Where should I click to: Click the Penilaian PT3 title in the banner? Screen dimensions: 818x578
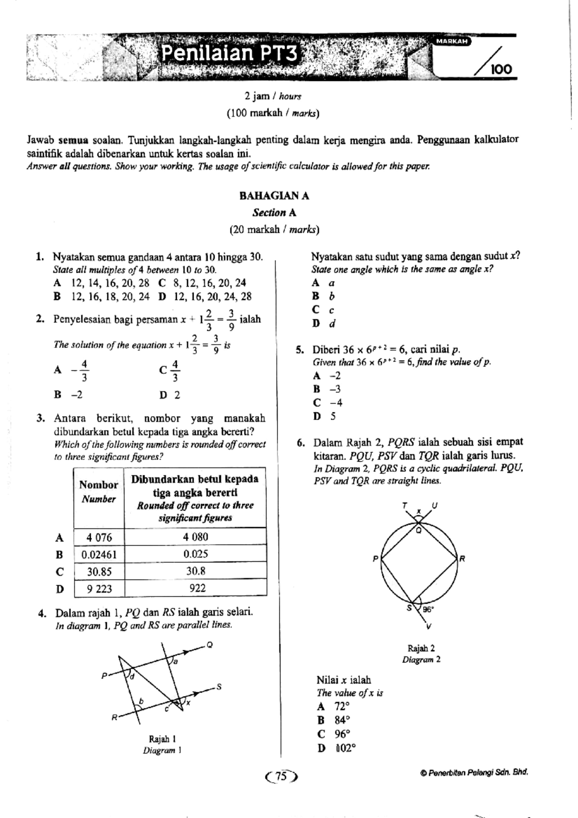tap(229, 53)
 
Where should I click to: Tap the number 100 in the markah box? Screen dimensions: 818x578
tap(501, 70)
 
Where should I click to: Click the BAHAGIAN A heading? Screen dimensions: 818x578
tap(274, 196)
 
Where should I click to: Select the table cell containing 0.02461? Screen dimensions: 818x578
tap(99, 554)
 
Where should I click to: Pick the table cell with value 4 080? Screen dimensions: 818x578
tap(196, 537)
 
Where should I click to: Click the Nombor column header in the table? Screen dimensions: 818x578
tap(98, 485)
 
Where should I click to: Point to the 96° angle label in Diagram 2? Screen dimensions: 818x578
tap(428, 609)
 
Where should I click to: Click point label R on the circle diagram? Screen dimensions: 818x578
tap(462, 559)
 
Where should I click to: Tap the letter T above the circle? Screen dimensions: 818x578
tap(405, 505)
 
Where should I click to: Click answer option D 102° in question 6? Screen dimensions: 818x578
tap(336, 749)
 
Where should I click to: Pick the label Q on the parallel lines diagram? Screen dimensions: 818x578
tap(210, 645)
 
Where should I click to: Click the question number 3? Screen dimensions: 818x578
tap(41, 418)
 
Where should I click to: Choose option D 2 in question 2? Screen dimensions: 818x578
tap(170, 396)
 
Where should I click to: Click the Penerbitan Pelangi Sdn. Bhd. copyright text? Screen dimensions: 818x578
tap(474, 773)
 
